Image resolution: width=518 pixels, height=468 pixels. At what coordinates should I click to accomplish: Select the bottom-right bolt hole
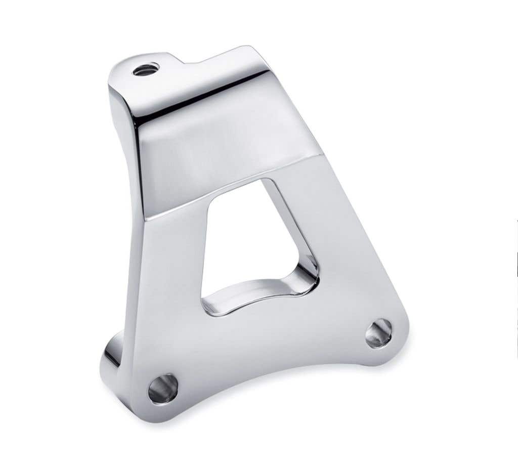(x=378, y=333)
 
